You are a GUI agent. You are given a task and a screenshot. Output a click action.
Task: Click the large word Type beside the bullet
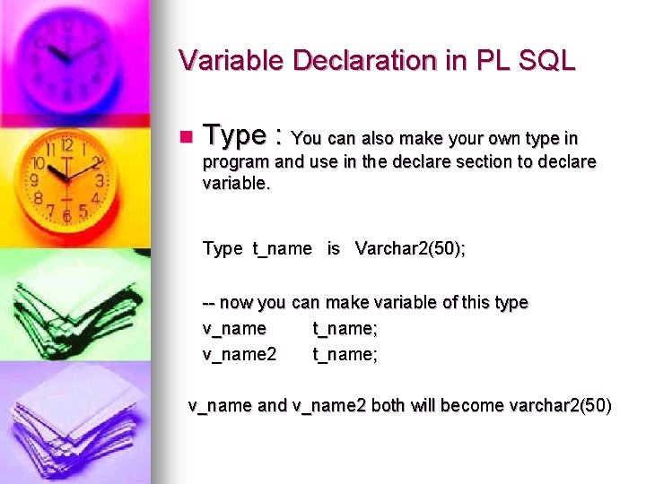click(x=234, y=135)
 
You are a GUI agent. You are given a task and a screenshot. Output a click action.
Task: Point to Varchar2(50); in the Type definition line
click(x=410, y=248)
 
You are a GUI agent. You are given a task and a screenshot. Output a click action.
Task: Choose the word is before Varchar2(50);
click(x=333, y=248)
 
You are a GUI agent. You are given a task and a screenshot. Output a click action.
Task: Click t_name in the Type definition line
click(x=282, y=248)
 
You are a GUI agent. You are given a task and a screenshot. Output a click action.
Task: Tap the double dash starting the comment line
click(x=209, y=303)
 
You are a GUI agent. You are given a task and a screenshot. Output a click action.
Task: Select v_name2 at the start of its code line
click(x=240, y=354)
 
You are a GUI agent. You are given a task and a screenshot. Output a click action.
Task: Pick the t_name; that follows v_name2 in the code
click(x=345, y=354)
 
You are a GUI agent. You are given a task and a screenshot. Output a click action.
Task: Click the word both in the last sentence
click(x=388, y=405)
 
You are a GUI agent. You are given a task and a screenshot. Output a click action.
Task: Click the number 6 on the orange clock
click(x=66, y=215)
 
